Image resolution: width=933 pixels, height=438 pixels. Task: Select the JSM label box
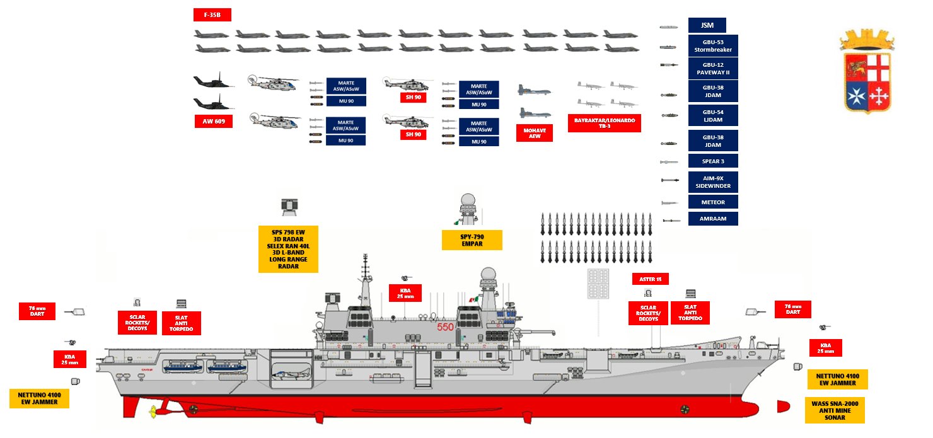click(707, 26)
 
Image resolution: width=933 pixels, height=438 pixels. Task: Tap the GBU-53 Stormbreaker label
click(712, 45)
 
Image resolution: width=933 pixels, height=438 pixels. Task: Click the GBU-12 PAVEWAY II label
click(712, 69)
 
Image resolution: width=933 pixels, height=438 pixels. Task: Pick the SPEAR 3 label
click(712, 161)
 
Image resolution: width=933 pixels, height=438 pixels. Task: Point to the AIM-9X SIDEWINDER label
click(712, 182)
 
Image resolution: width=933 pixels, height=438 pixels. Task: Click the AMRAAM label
click(712, 219)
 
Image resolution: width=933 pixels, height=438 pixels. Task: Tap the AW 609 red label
click(214, 120)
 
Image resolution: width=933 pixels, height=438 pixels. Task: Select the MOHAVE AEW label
click(535, 133)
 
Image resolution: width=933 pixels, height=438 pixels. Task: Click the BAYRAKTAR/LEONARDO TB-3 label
click(604, 123)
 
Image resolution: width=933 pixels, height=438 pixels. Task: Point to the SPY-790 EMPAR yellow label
click(472, 240)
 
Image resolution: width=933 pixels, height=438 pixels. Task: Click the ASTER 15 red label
click(650, 279)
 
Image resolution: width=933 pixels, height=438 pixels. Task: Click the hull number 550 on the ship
click(446, 328)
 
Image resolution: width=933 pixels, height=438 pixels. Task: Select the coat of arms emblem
click(866, 74)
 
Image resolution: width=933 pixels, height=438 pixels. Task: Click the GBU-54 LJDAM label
click(712, 116)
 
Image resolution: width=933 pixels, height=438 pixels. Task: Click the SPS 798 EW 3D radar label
click(288, 248)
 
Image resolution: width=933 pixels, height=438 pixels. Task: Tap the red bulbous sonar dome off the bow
click(783, 406)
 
